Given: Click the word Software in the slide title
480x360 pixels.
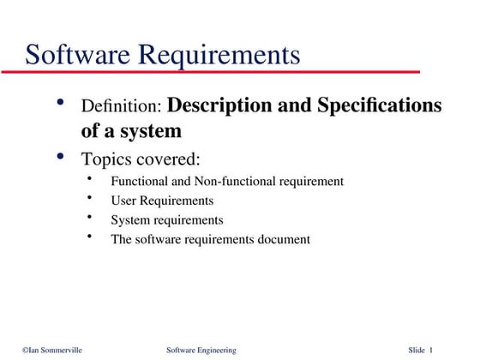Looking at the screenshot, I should point(78,55).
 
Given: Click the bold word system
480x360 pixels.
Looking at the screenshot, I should point(153,131).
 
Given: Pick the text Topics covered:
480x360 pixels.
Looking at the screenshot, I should point(141,159).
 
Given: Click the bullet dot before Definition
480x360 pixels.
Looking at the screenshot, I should point(60,104).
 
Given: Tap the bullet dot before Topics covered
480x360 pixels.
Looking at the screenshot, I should point(60,156).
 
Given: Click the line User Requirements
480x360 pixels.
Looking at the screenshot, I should point(162,201).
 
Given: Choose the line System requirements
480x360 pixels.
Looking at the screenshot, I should point(167,220).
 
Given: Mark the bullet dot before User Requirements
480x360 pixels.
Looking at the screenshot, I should point(90,199).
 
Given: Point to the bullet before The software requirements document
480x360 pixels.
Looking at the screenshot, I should point(90,237).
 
